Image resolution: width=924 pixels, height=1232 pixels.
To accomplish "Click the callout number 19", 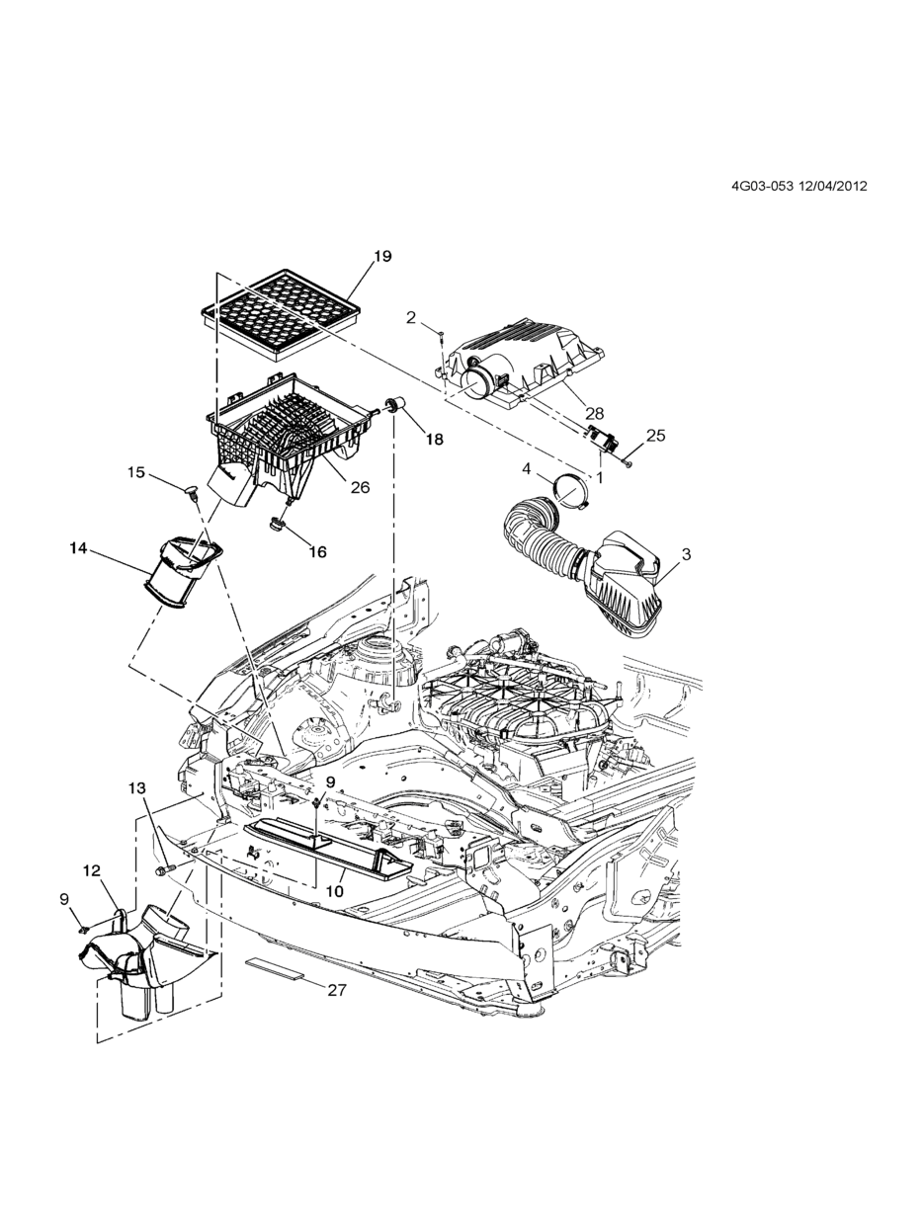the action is (383, 256).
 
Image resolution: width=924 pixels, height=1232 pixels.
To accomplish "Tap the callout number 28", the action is (595, 414).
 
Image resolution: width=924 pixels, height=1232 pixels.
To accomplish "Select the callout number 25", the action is (656, 435).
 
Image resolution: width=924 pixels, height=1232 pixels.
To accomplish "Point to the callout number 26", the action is (361, 487).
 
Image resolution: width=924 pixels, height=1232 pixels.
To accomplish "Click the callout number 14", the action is (79, 547).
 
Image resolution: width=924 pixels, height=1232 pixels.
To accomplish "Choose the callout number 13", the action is (137, 789).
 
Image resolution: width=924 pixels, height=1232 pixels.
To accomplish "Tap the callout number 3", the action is (686, 554).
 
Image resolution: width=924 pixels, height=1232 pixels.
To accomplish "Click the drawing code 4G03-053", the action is (762, 186).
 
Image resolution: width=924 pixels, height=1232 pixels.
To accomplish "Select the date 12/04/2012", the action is (832, 186).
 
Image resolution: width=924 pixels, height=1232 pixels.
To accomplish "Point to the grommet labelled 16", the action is (277, 526).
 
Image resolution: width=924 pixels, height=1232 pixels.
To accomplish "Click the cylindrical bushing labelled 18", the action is (396, 404).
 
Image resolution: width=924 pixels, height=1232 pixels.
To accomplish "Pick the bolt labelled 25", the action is (628, 463).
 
